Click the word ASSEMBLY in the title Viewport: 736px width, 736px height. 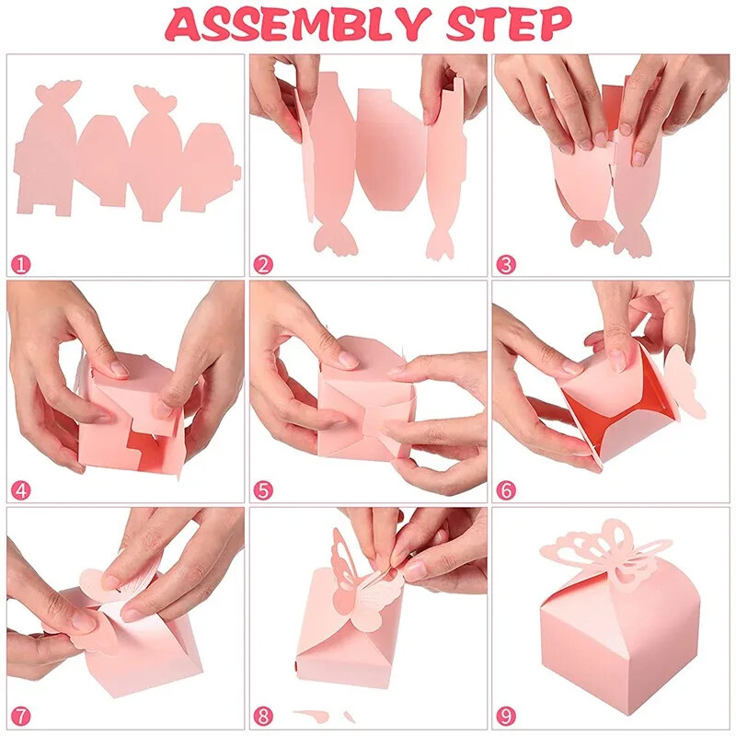(x=297, y=24)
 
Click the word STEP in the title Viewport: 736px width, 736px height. (x=509, y=24)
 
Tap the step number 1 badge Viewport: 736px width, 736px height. (x=20, y=264)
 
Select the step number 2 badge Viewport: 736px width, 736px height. (x=263, y=264)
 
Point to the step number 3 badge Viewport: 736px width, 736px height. (x=505, y=264)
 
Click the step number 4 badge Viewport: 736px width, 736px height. (x=20, y=490)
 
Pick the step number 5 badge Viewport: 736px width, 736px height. (x=263, y=490)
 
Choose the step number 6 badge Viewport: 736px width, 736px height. (x=505, y=490)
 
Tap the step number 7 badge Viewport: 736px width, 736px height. (x=20, y=717)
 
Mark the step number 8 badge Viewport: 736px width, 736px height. (x=263, y=717)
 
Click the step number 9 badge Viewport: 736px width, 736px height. (x=505, y=717)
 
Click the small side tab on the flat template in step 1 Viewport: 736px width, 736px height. (x=237, y=172)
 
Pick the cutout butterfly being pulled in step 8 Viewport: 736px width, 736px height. (x=366, y=587)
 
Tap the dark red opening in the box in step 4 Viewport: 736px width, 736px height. (x=146, y=451)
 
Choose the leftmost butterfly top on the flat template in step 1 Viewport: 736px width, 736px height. (x=59, y=90)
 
